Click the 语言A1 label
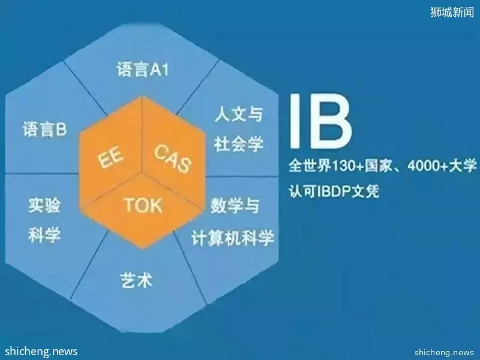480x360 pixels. click(142, 70)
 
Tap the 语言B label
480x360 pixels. click(44, 129)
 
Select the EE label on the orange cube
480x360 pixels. click(110, 157)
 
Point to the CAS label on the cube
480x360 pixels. click(173, 158)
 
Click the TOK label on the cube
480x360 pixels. click(143, 205)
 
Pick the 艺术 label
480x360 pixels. click(137, 280)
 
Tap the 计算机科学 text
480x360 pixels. click(233, 238)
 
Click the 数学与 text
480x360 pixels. click(235, 205)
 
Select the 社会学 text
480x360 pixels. click(239, 143)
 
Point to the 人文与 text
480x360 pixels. click(239, 114)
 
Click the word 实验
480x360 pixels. click(44, 205)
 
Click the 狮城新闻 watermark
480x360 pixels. click(452, 12)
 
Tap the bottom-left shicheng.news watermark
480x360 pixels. click(41, 351)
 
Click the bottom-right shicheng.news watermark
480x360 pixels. click(444, 352)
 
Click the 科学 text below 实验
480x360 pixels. click(44, 235)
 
